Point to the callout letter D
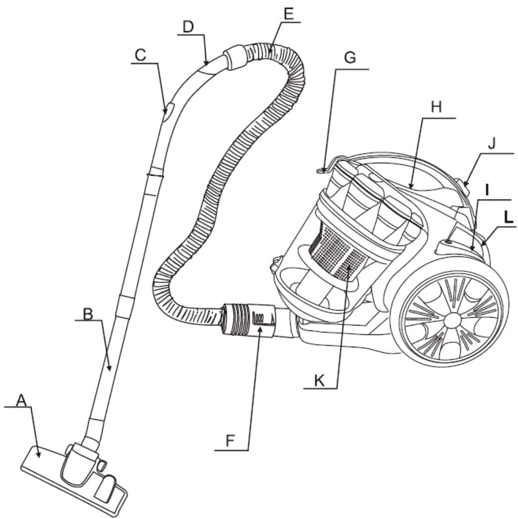click(187, 28)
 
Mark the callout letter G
click(350, 58)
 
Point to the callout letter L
click(507, 217)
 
